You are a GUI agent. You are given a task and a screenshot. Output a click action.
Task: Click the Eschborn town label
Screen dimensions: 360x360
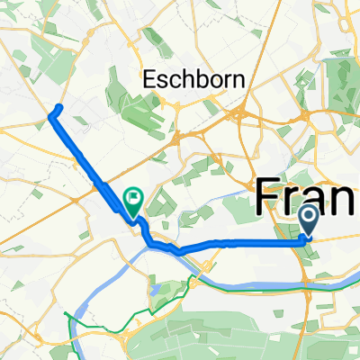[193, 80]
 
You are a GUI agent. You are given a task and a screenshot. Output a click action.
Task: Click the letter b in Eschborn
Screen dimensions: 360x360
[198, 80]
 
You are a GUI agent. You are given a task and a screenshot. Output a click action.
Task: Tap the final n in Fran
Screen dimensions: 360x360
[347, 197]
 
